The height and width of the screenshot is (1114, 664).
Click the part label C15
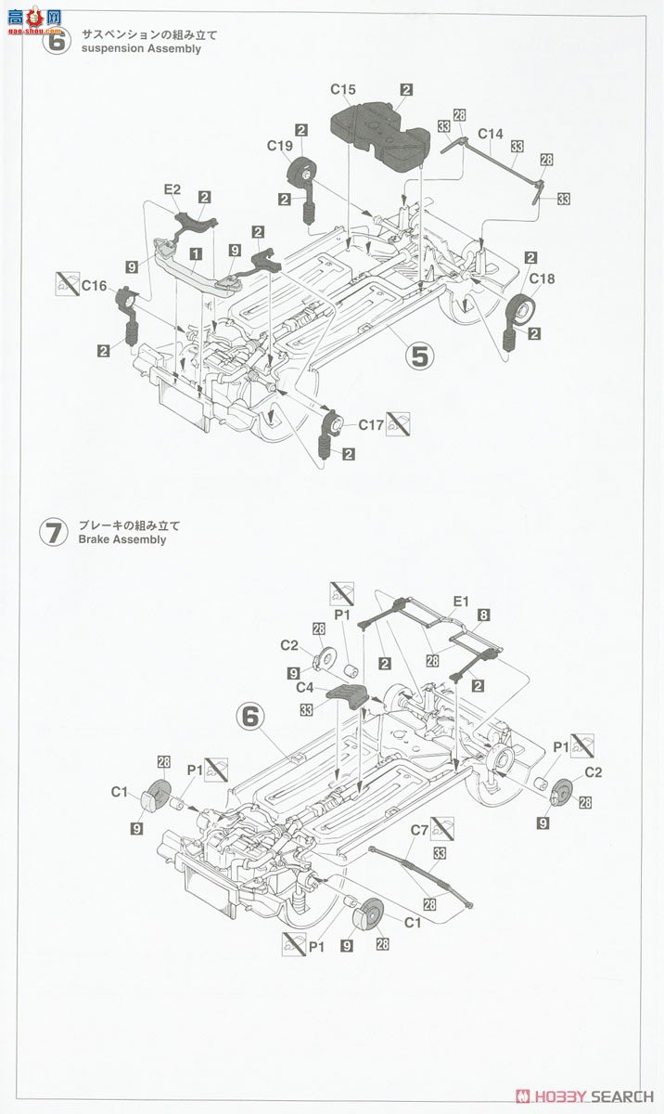click(343, 90)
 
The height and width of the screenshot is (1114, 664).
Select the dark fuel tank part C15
click(376, 135)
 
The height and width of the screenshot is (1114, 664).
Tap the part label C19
click(279, 146)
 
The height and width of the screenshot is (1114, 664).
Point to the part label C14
click(491, 135)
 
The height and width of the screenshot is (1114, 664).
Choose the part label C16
click(94, 286)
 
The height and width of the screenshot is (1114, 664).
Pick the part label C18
click(543, 278)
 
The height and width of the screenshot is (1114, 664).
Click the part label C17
click(371, 425)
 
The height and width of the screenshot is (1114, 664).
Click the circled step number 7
click(53, 533)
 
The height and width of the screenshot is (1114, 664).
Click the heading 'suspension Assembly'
click(141, 48)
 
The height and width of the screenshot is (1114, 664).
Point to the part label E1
click(460, 601)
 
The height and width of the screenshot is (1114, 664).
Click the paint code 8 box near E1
click(484, 615)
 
